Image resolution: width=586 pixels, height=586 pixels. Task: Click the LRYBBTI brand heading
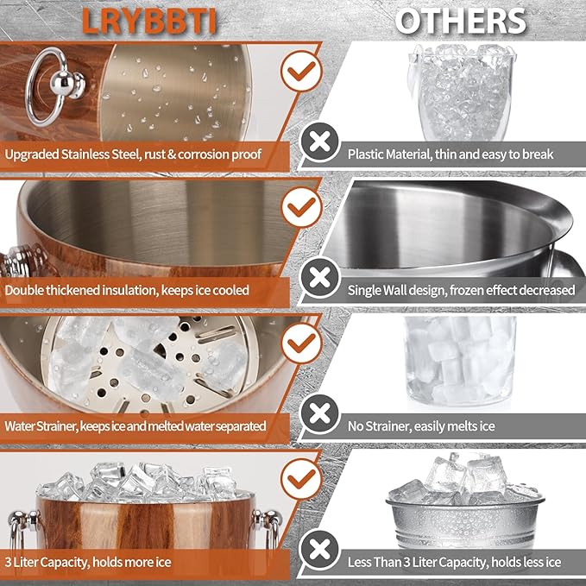click(x=149, y=21)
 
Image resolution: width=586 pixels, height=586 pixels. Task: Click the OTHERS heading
click(x=461, y=21)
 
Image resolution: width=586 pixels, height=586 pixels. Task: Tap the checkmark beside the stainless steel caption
click(x=301, y=71)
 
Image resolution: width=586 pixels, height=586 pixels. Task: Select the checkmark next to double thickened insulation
click(x=301, y=207)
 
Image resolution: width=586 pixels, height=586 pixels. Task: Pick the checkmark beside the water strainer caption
click(x=301, y=343)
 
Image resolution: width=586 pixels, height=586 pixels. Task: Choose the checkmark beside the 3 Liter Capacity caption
click(x=301, y=479)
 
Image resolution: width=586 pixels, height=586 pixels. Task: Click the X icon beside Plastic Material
click(x=320, y=142)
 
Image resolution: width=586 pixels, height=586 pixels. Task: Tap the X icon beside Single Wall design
click(x=320, y=278)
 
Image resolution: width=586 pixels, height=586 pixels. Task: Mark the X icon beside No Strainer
click(x=320, y=413)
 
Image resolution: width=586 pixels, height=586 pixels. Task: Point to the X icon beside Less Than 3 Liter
click(x=320, y=550)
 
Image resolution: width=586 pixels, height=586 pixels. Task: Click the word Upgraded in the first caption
click(x=32, y=154)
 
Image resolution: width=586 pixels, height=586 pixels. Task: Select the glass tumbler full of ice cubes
click(x=461, y=362)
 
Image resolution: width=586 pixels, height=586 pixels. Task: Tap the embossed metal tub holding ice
click(x=465, y=520)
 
